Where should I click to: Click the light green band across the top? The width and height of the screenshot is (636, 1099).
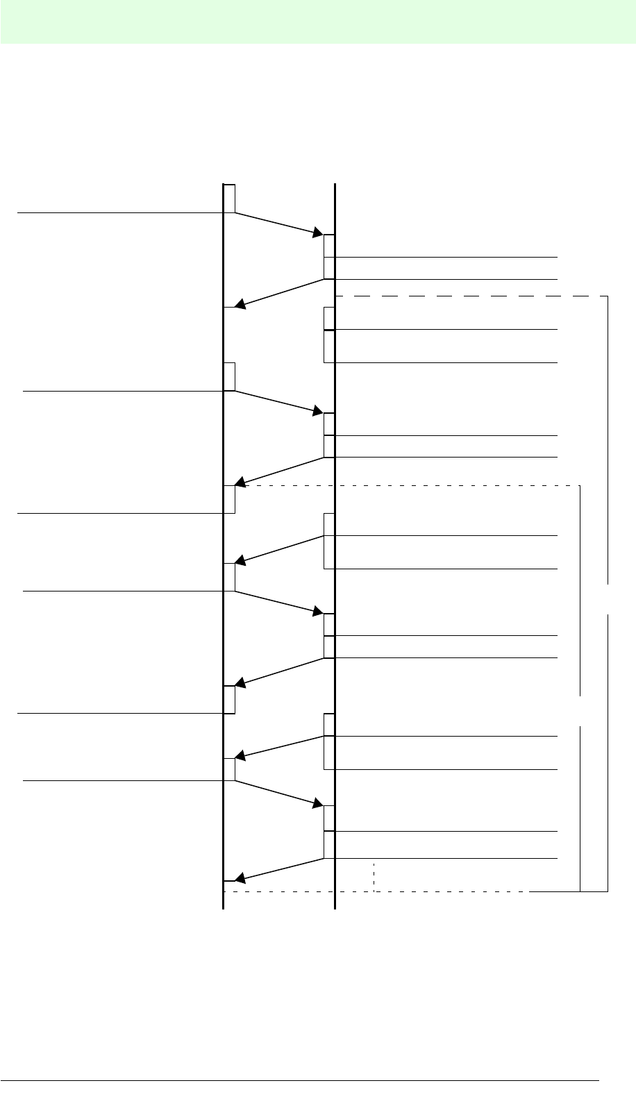click(318, 21)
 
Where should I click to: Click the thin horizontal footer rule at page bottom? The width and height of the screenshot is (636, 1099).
click(299, 1080)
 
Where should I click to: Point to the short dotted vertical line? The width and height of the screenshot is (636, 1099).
click(374, 877)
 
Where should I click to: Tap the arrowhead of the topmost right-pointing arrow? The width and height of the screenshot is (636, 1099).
click(318, 233)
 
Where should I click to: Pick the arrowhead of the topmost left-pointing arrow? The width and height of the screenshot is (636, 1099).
click(240, 304)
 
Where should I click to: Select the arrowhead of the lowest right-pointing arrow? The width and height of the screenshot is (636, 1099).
click(318, 803)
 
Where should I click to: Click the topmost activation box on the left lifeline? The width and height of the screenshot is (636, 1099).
click(230, 199)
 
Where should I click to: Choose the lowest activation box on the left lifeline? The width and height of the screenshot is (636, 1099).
click(230, 769)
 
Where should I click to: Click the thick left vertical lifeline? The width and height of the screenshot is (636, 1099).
click(224, 625)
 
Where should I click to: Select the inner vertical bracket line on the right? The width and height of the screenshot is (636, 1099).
click(580, 590)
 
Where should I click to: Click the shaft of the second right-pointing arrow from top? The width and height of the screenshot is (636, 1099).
click(278, 402)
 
